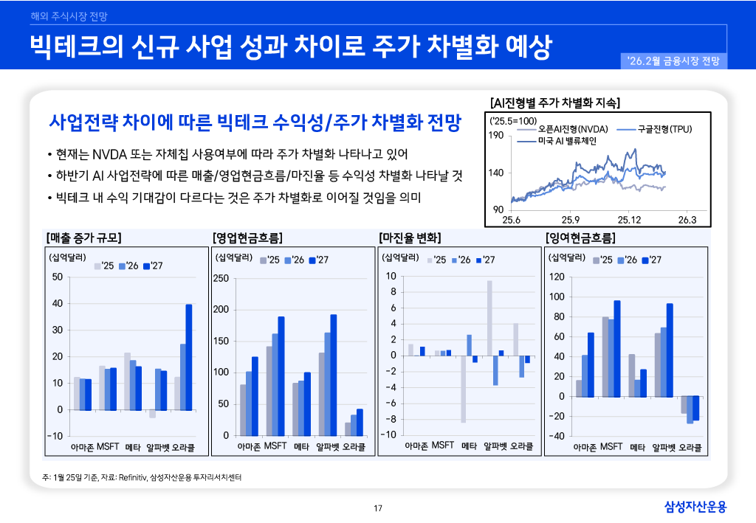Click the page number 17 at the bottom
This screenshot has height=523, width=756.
[x=378, y=508]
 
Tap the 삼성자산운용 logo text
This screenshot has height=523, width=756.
[x=695, y=506]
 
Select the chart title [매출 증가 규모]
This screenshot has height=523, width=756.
[x=83, y=238]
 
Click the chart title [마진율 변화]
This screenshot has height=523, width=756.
[x=410, y=238]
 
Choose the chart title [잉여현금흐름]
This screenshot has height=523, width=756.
[x=580, y=238]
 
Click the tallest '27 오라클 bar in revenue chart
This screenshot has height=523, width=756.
[x=188, y=356]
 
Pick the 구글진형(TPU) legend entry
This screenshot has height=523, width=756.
[x=653, y=129]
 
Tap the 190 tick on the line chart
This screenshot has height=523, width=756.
[x=496, y=135]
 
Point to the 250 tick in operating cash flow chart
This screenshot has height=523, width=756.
[x=221, y=278]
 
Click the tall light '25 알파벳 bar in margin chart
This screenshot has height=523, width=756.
[x=489, y=318]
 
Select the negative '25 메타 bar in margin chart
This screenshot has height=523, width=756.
[x=464, y=389]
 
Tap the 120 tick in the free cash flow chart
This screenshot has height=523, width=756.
[x=557, y=277]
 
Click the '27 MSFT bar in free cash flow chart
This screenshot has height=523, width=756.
[x=617, y=348]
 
